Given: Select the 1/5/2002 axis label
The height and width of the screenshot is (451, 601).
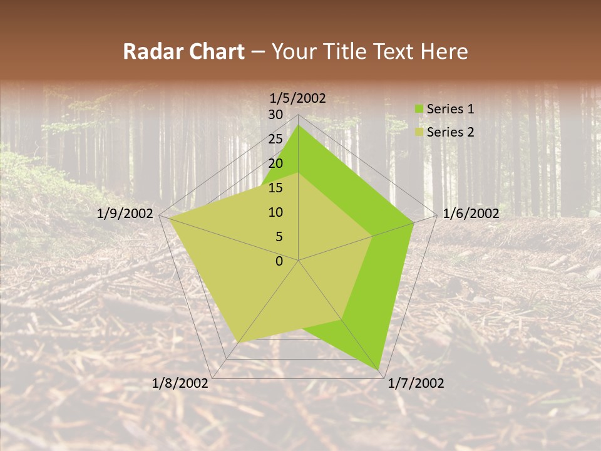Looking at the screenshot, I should pyautogui.click(x=298, y=98).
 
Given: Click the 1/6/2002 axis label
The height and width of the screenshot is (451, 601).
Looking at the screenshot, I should pyautogui.click(x=471, y=214).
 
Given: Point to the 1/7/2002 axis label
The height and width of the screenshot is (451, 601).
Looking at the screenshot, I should pyautogui.click(x=416, y=383).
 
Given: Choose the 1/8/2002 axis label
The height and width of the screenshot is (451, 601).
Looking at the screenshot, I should pyautogui.click(x=180, y=383).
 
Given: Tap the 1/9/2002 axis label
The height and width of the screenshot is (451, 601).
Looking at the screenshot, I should pyautogui.click(x=125, y=214).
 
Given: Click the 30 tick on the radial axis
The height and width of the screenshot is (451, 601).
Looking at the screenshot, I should pyautogui.click(x=275, y=115).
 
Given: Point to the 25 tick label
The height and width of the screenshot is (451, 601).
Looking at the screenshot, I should pyautogui.click(x=275, y=139).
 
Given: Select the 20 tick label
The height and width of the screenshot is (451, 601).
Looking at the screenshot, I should pyautogui.click(x=275, y=163).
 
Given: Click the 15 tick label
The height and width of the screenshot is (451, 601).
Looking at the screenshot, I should pyautogui.click(x=275, y=188).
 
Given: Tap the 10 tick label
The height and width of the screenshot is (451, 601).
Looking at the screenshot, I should pyautogui.click(x=275, y=212).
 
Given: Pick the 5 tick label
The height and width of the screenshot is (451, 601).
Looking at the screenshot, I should pyautogui.click(x=279, y=237).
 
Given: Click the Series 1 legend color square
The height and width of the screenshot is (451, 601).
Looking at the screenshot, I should pyautogui.click(x=419, y=109).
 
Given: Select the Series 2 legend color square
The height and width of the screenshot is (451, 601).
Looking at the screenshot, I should pyautogui.click(x=419, y=132).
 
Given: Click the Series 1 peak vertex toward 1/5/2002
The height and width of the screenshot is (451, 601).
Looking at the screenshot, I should pyautogui.click(x=298, y=125).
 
